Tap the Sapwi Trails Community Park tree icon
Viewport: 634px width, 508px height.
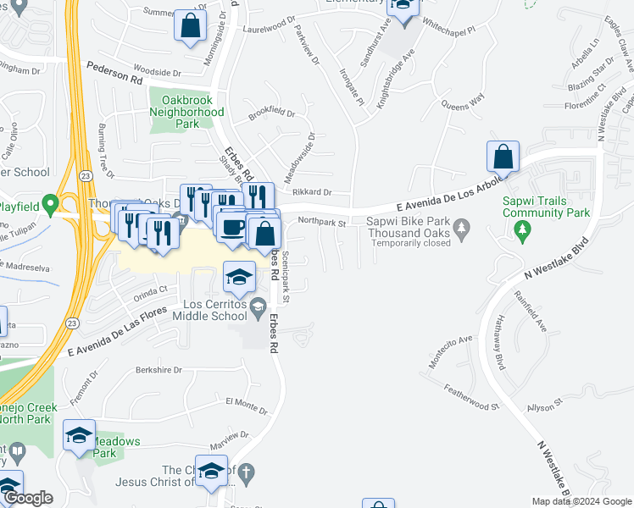coord(524,229)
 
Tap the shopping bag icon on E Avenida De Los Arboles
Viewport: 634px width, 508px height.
coord(503,157)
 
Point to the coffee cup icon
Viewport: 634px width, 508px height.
coord(233,226)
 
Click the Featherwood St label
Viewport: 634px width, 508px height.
coord(471,397)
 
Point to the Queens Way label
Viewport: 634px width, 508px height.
coord(463,102)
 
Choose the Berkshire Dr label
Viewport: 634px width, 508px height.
coord(158,370)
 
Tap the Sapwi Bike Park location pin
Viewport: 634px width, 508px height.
coord(461,227)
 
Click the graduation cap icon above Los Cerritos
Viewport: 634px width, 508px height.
coord(240,276)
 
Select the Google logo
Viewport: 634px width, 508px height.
coord(28,499)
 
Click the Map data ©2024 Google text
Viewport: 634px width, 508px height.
coord(581,501)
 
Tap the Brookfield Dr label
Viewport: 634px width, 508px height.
coord(271,113)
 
